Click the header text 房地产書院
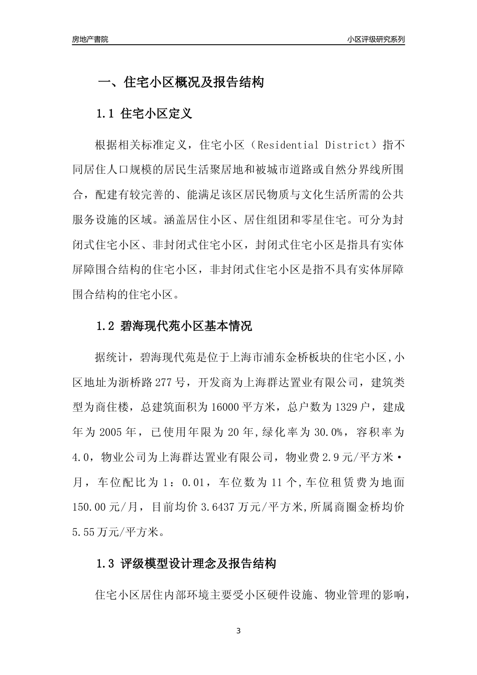[90, 39]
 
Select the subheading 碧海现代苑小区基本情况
[186, 326]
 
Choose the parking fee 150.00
[89, 507]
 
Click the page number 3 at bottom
[238, 631]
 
